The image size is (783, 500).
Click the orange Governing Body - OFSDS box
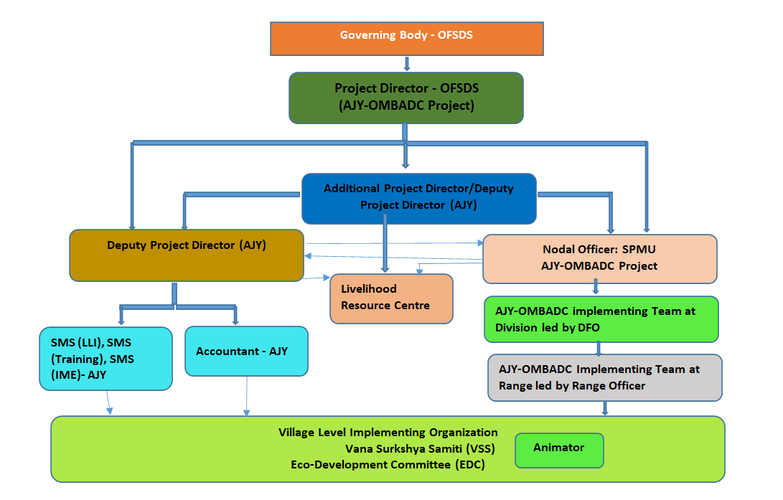(x=406, y=39)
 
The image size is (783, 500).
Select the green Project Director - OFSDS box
(x=406, y=98)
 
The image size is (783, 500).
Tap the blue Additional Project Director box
(x=418, y=196)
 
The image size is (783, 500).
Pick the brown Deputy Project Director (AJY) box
(x=187, y=255)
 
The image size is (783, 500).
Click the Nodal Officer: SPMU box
(x=600, y=258)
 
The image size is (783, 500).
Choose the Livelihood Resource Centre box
(x=391, y=298)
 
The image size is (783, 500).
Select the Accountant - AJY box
(x=246, y=352)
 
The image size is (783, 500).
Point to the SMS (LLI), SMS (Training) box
(x=107, y=359)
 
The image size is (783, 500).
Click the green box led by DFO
(x=601, y=319)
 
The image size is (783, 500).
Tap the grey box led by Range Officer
(x=604, y=377)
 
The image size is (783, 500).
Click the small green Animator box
(x=559, y=450)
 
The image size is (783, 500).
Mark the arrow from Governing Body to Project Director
(x=407, y=64)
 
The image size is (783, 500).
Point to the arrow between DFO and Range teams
(x=599, y=348)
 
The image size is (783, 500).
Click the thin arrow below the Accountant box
(x=247, y=396)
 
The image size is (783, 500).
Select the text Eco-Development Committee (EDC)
(x=388, y=465)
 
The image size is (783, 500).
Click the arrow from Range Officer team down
(x=605, y=408)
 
